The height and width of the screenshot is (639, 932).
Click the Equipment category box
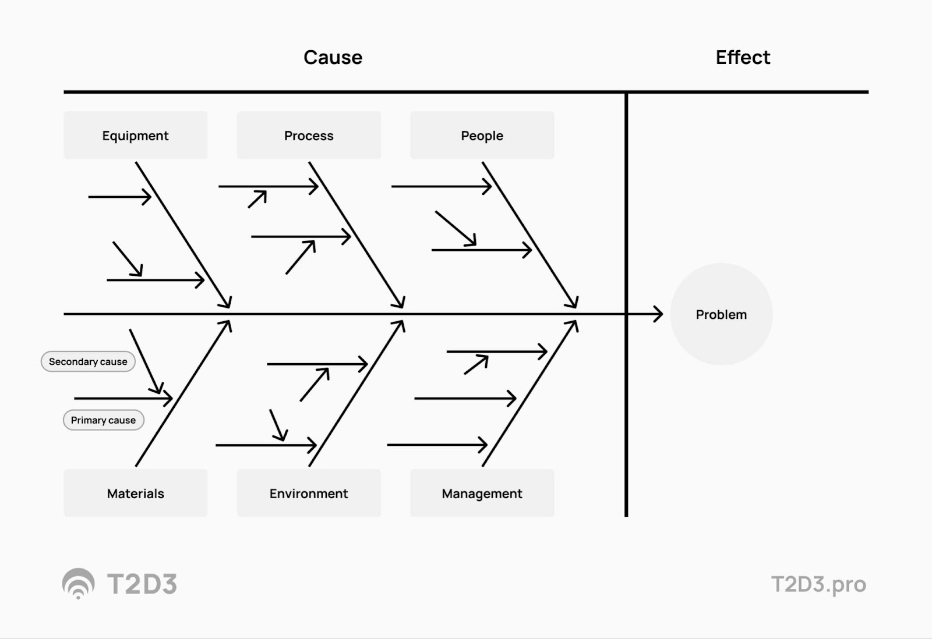click(x=136, y=135)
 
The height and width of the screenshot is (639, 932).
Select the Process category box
click(x=309, y=135)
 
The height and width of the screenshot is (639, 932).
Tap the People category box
click(x=482, y=135)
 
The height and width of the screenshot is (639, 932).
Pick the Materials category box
click(x=136, y=493)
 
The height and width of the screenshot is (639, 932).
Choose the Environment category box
click(x=309, y=493)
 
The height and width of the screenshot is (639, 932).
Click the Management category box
click(x=482, y=493)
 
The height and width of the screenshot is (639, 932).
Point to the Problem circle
click(x=722, y=314)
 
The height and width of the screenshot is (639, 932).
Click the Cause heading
click(x=333, y=58)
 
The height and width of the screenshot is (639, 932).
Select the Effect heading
click(x=743, y=58)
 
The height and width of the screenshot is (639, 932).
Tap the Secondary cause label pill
click(x=88, y=362)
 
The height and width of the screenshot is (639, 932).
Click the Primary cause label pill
click(x=104, y=420)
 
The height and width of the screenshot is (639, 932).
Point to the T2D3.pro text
click(x=819, y=584)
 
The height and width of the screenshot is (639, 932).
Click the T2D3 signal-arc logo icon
click(x=78, y=583)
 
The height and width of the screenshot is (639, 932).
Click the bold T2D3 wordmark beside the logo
click(x=142, y=584)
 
